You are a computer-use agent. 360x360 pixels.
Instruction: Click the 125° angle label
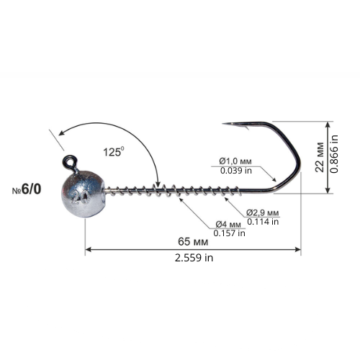114,152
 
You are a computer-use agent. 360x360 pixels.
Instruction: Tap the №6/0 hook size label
27,189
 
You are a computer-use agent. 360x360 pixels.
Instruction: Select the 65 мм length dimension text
193,242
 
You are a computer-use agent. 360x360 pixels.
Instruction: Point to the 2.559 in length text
194,258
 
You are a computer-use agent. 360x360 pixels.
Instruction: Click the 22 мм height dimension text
320,157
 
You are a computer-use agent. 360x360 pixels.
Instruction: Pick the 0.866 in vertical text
334,154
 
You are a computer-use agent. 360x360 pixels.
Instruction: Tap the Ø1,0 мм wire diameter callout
235,161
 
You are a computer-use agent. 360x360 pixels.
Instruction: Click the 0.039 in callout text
236,171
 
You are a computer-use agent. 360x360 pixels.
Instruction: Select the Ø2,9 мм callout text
263,212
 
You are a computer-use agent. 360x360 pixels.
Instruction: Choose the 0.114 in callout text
263,222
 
